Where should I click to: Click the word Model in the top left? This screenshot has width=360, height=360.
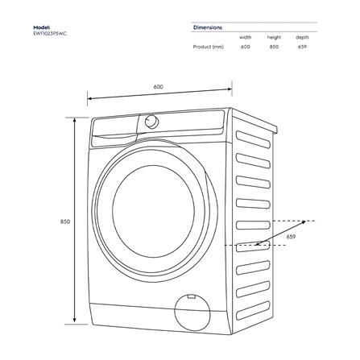[x=41, y=27]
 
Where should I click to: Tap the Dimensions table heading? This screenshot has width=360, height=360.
[x=208, y=27]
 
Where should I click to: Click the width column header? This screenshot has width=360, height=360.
[x=245, y=37]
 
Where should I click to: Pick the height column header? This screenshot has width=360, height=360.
[x=274, y=37]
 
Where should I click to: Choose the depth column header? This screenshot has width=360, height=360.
[x=302, y=37]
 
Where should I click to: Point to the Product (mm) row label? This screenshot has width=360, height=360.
[x=208, y=47]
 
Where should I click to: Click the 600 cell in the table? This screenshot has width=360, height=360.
[x=245, y=47]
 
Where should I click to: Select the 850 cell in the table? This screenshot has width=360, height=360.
[x=274, y=47]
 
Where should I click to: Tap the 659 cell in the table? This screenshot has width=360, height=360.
[x=302, y=47]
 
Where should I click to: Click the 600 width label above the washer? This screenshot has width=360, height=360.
[x=159, y=86]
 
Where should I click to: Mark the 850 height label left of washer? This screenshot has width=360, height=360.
[x=65, y=221]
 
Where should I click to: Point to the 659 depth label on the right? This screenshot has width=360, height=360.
[x=291, y=237]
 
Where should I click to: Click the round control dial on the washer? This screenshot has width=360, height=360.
[x=151, y=122]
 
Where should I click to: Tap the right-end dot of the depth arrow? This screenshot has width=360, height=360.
[x=306, y=220]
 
